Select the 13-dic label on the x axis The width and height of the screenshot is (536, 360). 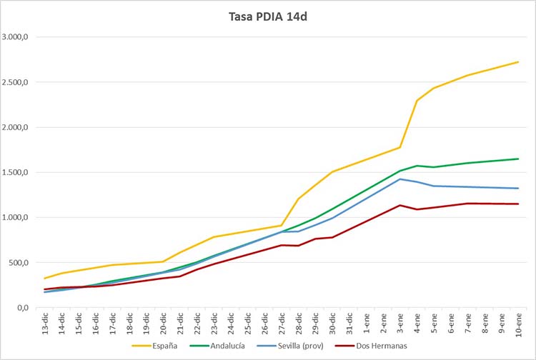pos(45,324)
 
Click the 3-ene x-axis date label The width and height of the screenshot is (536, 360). pos(400,324)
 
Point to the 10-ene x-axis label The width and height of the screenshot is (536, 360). pos(518,324)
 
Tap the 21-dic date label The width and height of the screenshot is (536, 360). pos(180,324)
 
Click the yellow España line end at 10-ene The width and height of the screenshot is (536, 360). pos(518,62)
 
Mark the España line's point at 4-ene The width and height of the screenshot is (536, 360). pos(417,101)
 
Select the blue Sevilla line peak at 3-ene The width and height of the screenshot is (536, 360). pos(399,179)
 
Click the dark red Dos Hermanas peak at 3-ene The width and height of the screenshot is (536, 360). pos(399,205)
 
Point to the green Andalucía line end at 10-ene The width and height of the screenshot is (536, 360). pos(518,159)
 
